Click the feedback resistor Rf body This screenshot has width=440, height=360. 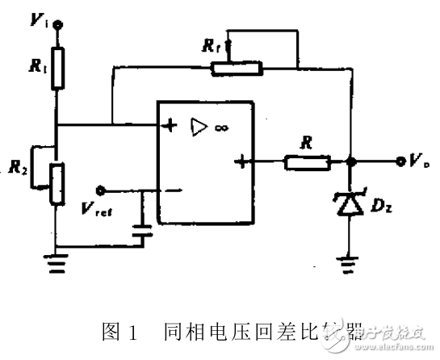click(236, 69)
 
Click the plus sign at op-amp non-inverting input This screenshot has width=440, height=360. click(170, 126)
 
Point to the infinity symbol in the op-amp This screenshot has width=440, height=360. click(218, 127)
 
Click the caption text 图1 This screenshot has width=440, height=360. click(117, 331)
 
